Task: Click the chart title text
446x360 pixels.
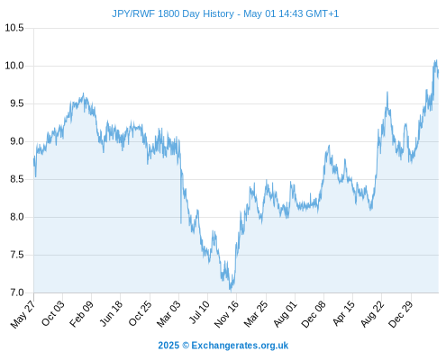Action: point(225,13)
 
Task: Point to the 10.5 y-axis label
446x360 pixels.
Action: point(14,28)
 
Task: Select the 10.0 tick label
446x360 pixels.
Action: point(14,66)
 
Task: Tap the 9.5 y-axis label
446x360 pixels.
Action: point(17,103)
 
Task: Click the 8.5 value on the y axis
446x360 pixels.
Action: point(17,179)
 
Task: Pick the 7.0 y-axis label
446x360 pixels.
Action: point(17,292)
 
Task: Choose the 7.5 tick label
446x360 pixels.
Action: point(17,255)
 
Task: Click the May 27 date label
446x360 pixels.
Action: point(23,314)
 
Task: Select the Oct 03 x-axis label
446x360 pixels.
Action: point(52,313)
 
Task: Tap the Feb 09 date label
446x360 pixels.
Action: point(81,314)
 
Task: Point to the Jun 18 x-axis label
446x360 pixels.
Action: point(111,313)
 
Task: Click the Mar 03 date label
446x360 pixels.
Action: point(168,314)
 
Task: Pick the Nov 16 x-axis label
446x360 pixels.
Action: point(226,314)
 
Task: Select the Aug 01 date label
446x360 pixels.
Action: point(285,314)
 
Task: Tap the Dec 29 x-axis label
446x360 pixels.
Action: point(400,314)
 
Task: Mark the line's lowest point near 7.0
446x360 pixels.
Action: point(231,291)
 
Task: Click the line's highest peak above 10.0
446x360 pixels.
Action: point(436,60)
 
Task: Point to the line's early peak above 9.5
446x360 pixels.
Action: point(83,94)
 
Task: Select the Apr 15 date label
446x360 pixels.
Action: point(343,313)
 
